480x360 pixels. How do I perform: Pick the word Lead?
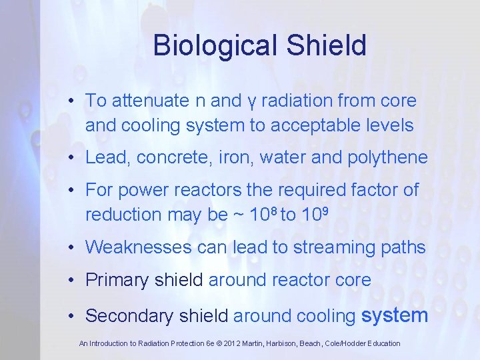[x=103, y=157]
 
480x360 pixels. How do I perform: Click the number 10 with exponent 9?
[x=314, y=214]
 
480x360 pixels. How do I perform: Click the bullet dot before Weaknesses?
[x=71, y=248]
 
